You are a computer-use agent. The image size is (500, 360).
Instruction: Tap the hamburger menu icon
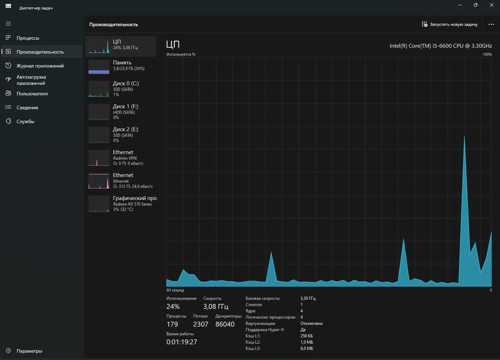coord(8,24)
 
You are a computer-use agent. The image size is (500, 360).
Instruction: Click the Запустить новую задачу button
coord(450,24)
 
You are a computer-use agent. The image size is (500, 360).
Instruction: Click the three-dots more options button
coord(491,24)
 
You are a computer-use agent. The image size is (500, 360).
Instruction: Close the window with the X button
coord(491,5)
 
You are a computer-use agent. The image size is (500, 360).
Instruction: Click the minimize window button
coord(460,5)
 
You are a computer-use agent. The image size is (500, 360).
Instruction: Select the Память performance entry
coord(121,66)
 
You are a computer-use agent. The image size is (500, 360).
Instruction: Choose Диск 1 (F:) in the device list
coord(121,112)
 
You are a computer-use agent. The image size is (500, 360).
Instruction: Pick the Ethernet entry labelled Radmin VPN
coord(121,158)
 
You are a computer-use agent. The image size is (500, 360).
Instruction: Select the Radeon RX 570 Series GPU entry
coord(121,204)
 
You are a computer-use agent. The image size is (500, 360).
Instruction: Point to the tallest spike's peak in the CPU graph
coord(465,136)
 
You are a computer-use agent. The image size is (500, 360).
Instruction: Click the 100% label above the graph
coord(487,54)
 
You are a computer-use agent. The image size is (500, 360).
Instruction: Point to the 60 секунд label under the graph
coord(175,290)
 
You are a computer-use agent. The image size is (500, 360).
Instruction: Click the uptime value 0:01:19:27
coord(182,342)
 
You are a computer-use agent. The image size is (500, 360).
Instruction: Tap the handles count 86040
coord(225,324)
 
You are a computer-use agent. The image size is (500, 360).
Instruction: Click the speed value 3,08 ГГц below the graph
coord(215,307)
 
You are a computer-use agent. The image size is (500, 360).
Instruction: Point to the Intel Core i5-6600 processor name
coord(441,46)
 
